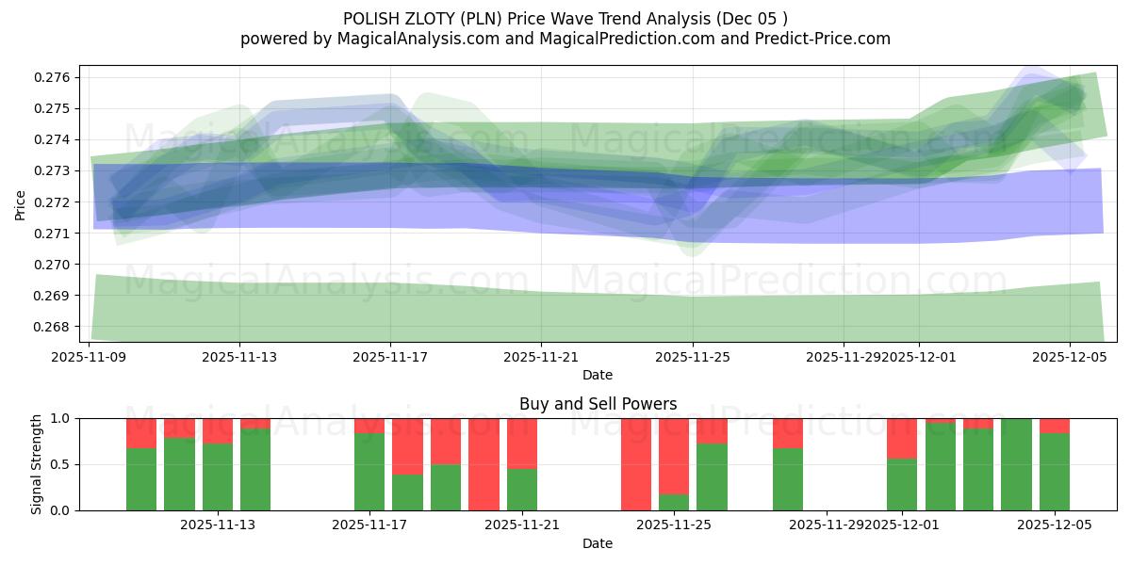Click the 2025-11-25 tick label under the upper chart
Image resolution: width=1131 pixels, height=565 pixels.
tap(693, 357)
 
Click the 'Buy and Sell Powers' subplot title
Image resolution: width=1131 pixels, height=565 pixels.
tap(598, 404)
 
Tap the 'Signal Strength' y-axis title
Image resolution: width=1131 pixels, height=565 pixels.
tap(37, 464)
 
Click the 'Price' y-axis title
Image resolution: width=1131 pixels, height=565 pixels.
tap(21, 203)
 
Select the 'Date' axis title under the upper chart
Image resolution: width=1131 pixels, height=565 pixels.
tap(598, 375)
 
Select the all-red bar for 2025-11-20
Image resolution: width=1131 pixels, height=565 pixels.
tap(484, 464)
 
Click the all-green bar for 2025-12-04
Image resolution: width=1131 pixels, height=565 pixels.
tap(1016, 464)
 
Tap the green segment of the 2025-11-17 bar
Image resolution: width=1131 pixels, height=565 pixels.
tap(369, 471)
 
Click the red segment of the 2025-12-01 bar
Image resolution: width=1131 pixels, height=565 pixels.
tap(902, 438)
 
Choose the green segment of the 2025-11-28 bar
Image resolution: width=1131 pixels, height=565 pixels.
tap(788, 479)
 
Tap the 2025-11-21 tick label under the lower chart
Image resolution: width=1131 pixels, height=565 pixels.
tap(522, 525)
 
